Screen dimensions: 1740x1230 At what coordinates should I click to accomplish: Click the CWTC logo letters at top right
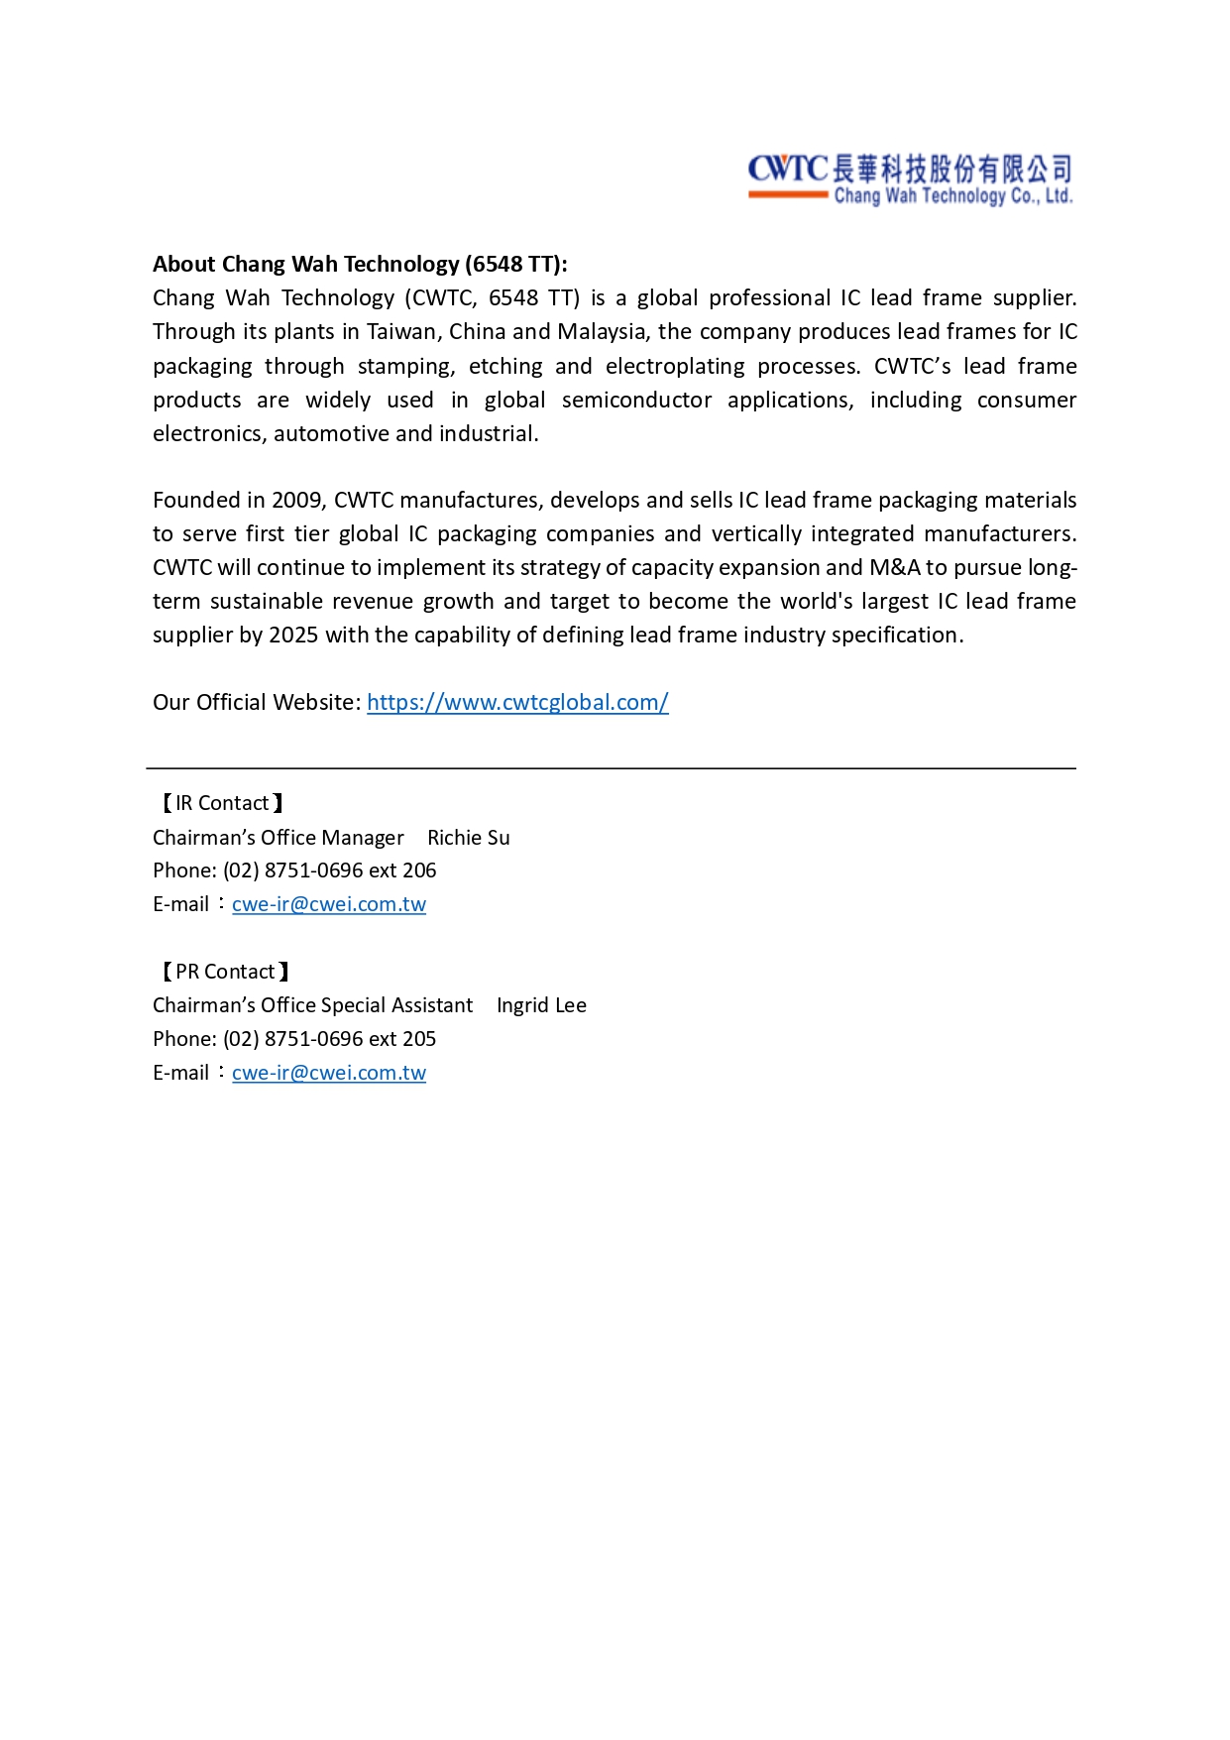pos(787,169)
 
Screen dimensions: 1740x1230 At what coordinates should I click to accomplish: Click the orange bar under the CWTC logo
pos(788,195)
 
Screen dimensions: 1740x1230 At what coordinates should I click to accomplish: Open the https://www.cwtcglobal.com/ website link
pos(517,702)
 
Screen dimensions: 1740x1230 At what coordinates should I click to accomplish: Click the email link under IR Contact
pos(328,904)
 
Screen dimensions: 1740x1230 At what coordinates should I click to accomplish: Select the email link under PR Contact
pos(328,1073)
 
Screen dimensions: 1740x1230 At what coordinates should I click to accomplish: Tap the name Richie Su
pos(468,838)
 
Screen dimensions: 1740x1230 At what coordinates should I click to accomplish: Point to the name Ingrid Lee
pos(541,1005)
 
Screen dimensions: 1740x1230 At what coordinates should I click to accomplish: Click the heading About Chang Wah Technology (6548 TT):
pos(360,264)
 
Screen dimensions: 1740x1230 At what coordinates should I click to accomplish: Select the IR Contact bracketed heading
pos(222,803)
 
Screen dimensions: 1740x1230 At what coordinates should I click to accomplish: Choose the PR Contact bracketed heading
pos(225,972)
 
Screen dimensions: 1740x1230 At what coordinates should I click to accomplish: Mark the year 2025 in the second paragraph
pos(293,635)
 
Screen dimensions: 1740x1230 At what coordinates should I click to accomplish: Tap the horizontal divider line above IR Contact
pos(611,768)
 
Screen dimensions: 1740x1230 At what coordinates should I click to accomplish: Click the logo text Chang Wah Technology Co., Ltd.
pos(952,196)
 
